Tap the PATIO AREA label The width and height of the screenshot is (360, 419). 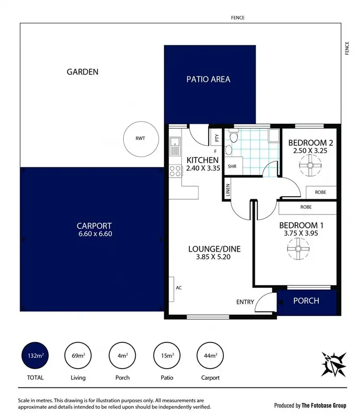click(208, 79)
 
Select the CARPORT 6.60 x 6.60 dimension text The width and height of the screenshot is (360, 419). click(94, 234)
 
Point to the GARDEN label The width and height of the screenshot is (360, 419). click(83, 72)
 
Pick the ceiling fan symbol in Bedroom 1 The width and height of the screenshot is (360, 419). click(297, 249)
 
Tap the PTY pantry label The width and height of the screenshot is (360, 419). click(216, 138)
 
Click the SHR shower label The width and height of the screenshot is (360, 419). click(232, 167)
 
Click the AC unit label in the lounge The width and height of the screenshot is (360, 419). click(179, 288)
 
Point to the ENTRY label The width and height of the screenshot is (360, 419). click(245, 302)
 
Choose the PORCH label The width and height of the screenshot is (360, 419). click(306, 301)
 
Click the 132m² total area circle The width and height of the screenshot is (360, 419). click(35, 356)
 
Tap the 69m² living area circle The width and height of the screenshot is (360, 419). click(78, 356)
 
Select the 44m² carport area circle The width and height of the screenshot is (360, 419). click(210, 356)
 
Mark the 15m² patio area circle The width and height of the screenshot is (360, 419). click(166, 356)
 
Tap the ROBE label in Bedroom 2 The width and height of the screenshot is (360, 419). click(320, 192)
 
